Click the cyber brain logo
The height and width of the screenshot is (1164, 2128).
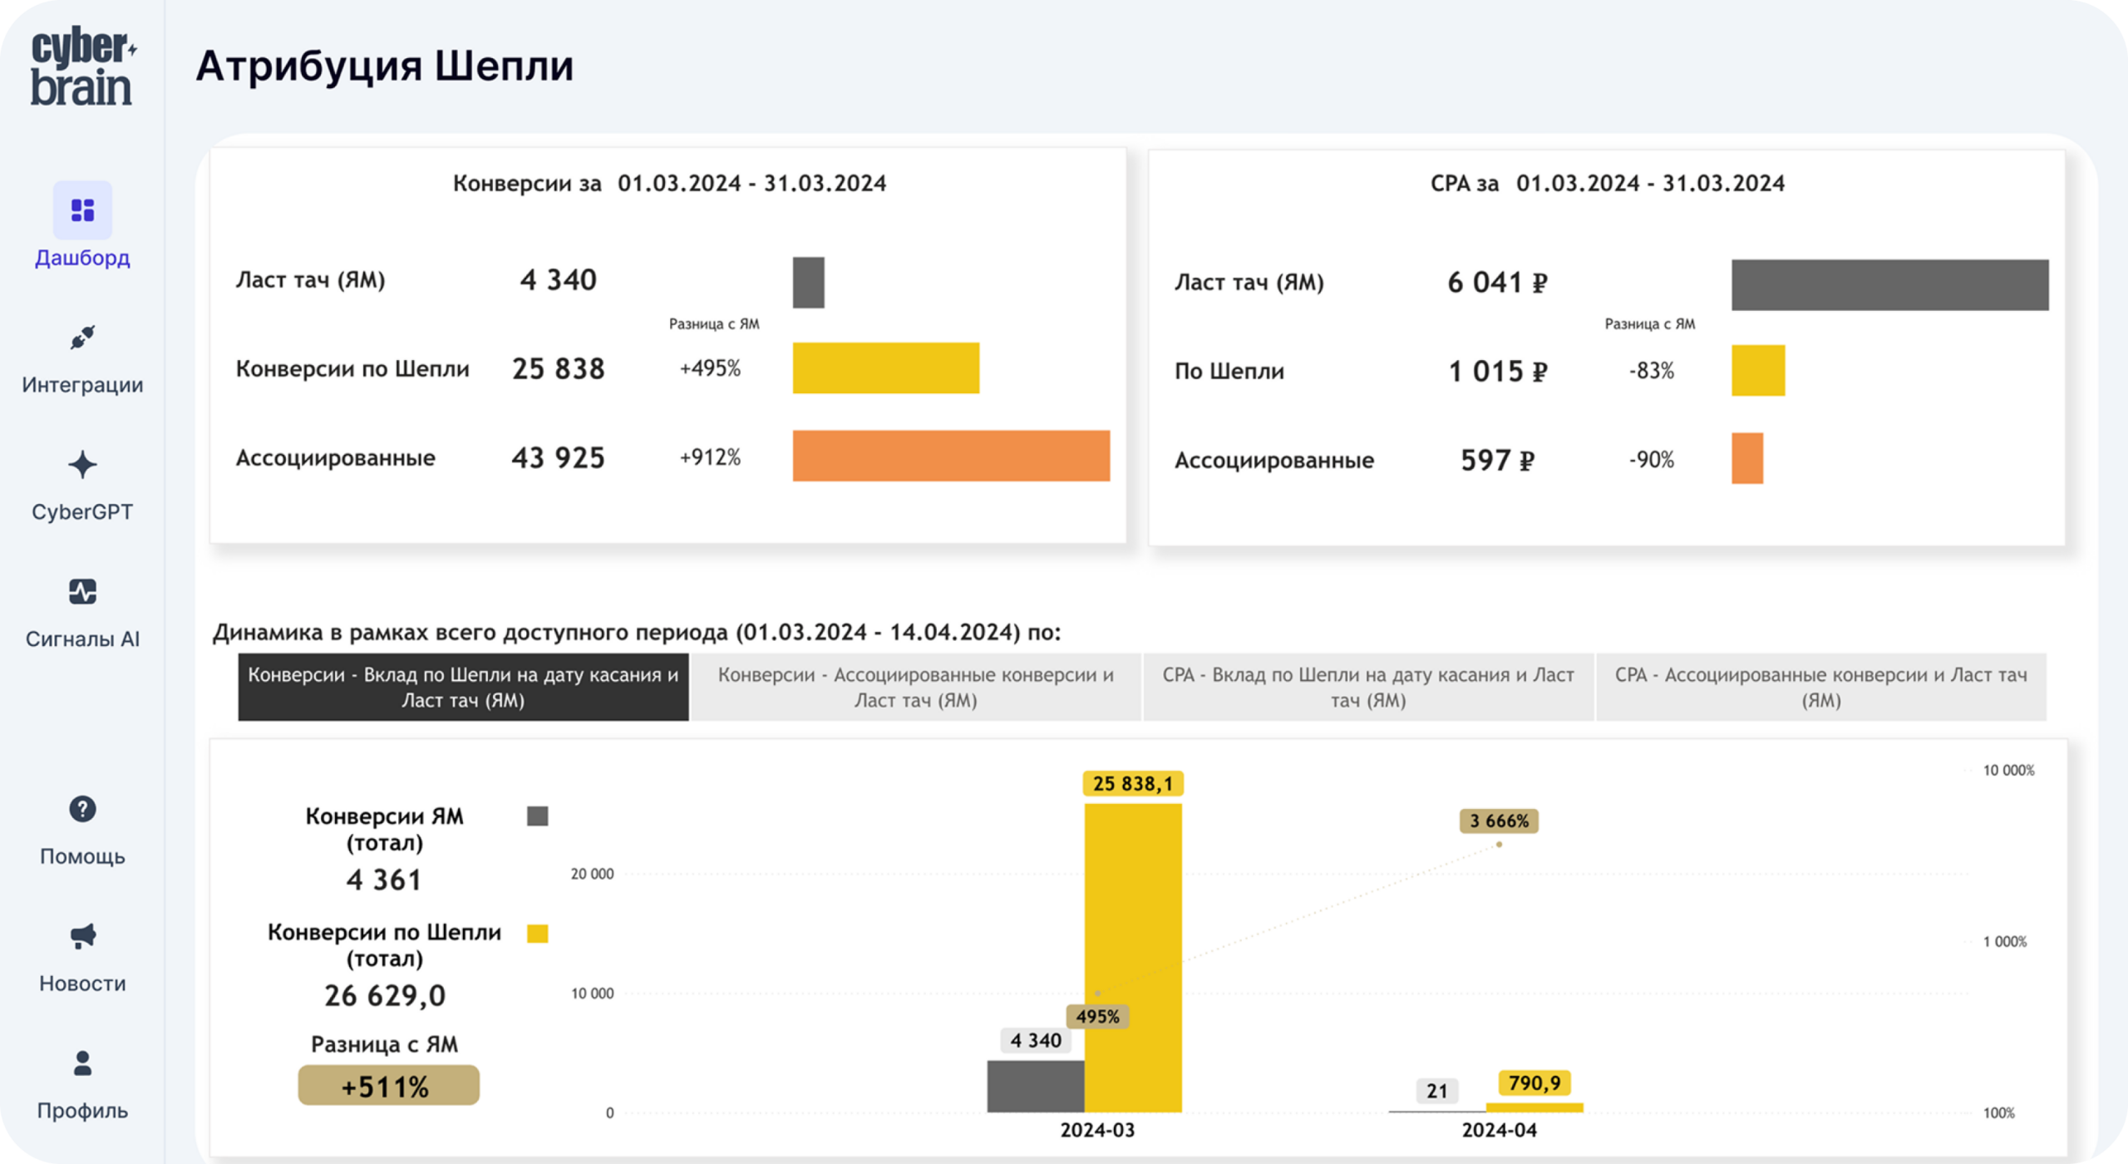tap(83, 67)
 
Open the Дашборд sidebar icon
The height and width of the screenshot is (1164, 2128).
tap(82, 210)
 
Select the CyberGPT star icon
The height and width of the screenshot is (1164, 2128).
tap(82, 465)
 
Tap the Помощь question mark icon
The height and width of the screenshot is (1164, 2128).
tap(82, 809)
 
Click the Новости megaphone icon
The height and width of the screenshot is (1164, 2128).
tap(82, 936)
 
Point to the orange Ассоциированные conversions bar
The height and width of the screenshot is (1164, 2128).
tap(951, 456)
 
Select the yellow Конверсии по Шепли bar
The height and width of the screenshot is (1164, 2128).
tap(886, 367)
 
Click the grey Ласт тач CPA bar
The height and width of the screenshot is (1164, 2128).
tap(1890, 284)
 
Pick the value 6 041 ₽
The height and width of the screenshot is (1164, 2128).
tap(1497, 283)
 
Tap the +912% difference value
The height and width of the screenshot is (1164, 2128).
tap(710, 457)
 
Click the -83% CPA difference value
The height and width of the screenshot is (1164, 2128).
tap(1652, 371)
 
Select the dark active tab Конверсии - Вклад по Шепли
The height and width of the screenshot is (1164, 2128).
tap(463, 687)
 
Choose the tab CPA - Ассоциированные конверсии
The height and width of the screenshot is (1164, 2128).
tap(1821, 687)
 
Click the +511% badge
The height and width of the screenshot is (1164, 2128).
tap(388, 1086)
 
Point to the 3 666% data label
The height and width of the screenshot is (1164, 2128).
tap(1499, 821)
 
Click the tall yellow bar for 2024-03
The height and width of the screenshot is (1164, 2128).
tap(1133, 958)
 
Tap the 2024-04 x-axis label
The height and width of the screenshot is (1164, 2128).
tap(1500, 1130)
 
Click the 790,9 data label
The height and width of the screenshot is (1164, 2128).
tap(1534, 1083)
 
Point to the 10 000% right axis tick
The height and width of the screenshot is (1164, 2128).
tap(2008, 770)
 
